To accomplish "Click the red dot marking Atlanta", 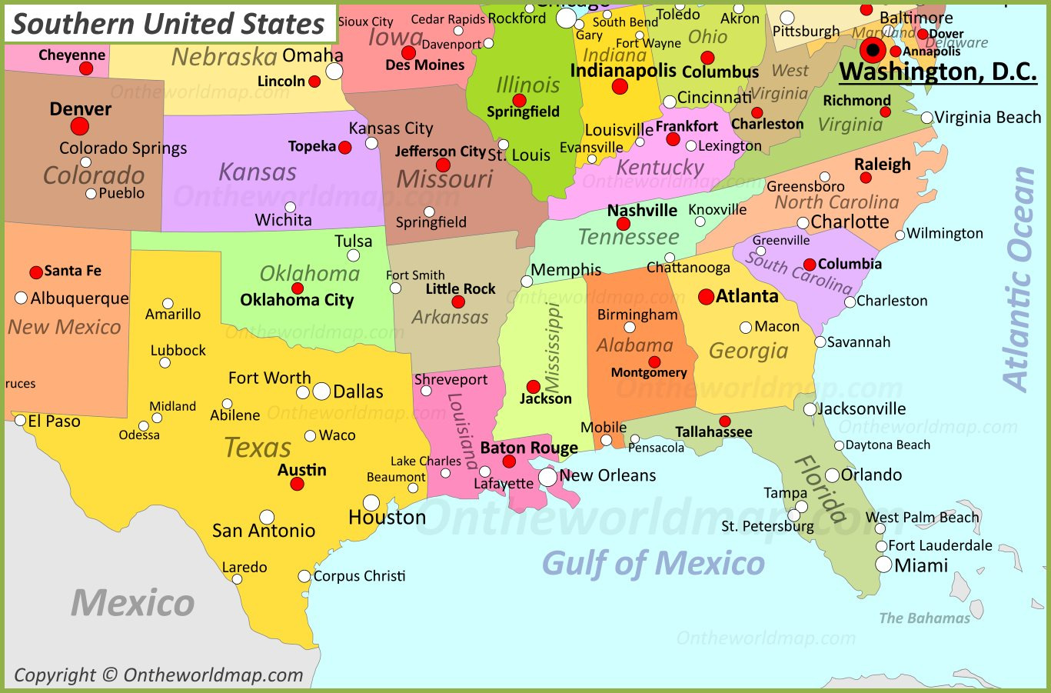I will [x=706, y=297].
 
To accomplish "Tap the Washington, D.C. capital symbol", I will [x=873, y=52].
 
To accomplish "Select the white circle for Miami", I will [x=884, y=565].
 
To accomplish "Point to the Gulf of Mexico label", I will [x=654, y=564].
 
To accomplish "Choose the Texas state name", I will [x=258, y=448].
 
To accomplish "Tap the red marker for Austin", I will [x=298, y=484].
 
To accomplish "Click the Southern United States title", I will [x=169, y=24].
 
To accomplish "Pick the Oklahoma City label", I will [x=297, y=300].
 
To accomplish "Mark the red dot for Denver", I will [x=80, y=126].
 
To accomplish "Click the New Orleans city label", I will [x=607, y=475].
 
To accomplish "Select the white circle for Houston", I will [x=371, y=503].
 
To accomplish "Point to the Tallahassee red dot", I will [x=724, y=421].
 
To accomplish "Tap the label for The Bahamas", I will [x=924, y=618].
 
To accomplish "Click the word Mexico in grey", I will [x=133, y=603].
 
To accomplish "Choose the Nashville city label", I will [x=642, y=210].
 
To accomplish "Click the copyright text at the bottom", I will [x=159, y=675].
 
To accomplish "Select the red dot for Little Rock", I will [x=458, y=302].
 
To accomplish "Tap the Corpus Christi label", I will [x=359, y=576].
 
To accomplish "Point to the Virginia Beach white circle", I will [x=927, y=118].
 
